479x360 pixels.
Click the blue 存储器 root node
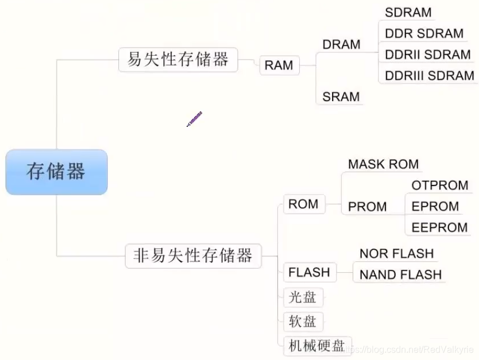(x=56, y=172)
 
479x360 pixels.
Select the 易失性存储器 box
(x=178, y=59)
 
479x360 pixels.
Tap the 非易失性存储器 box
(x=193, y=256)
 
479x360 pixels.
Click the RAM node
(x=279, y=65)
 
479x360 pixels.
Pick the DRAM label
(x=341, y=45)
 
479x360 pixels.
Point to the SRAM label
(x=341, y=96)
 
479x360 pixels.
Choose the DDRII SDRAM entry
(x=427, y=55)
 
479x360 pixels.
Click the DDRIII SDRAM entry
(x=429, y=75)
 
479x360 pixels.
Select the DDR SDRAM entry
(x=424, y=33)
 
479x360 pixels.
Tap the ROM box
(x=303, y=204)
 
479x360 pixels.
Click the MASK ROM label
(x=383, y=164)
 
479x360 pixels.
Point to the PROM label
(x=367, y=207)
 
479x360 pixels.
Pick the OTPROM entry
(x=440, y=185)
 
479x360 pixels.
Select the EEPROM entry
(x=439, y=227)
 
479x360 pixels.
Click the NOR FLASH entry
(x=396, y=254)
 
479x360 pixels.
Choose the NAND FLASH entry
(x=400, y=274)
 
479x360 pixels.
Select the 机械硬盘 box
(x=316, y=345)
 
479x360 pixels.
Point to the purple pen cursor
(x=194, y=119)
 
